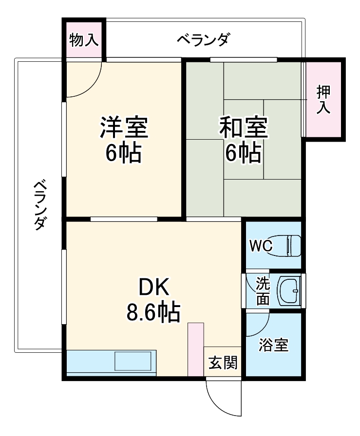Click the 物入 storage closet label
(84, 40)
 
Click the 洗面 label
(263, 291)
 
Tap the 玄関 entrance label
(223, 363)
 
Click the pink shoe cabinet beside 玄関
(196, 349)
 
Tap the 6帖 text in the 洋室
(124, 153)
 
